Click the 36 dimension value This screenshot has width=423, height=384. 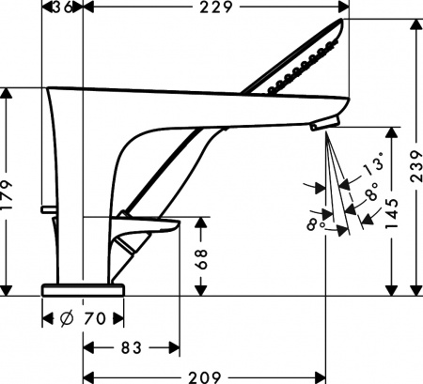coord(63,8)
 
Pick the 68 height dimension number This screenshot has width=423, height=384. coord(201,260)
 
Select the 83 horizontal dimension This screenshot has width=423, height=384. coord(131,347)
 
